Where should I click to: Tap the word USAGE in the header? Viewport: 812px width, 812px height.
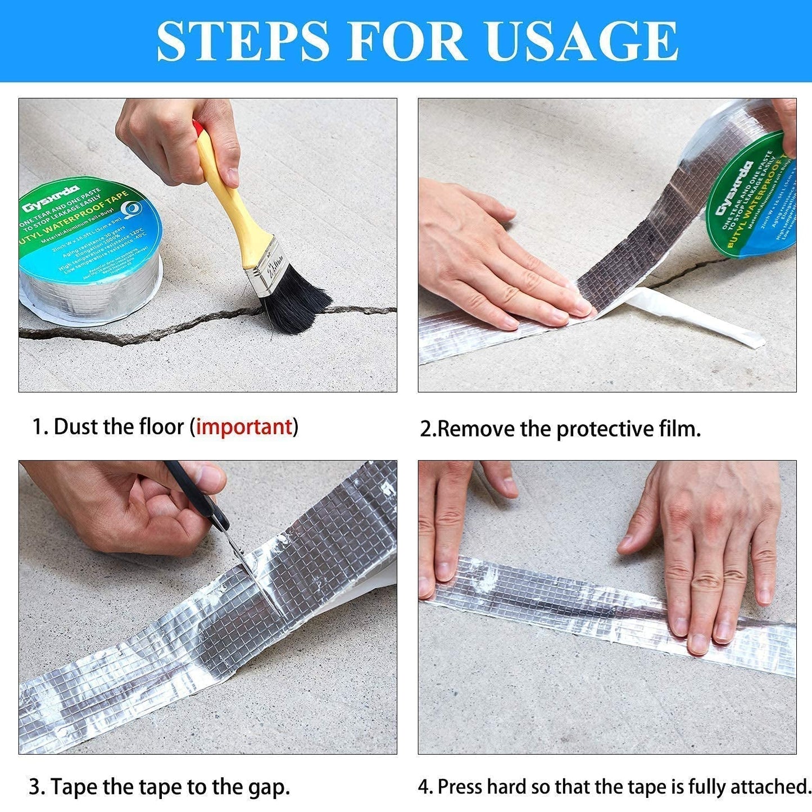(582, 40)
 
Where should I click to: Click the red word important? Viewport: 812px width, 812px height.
(244, 427)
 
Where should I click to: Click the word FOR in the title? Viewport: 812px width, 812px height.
(406, 40)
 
